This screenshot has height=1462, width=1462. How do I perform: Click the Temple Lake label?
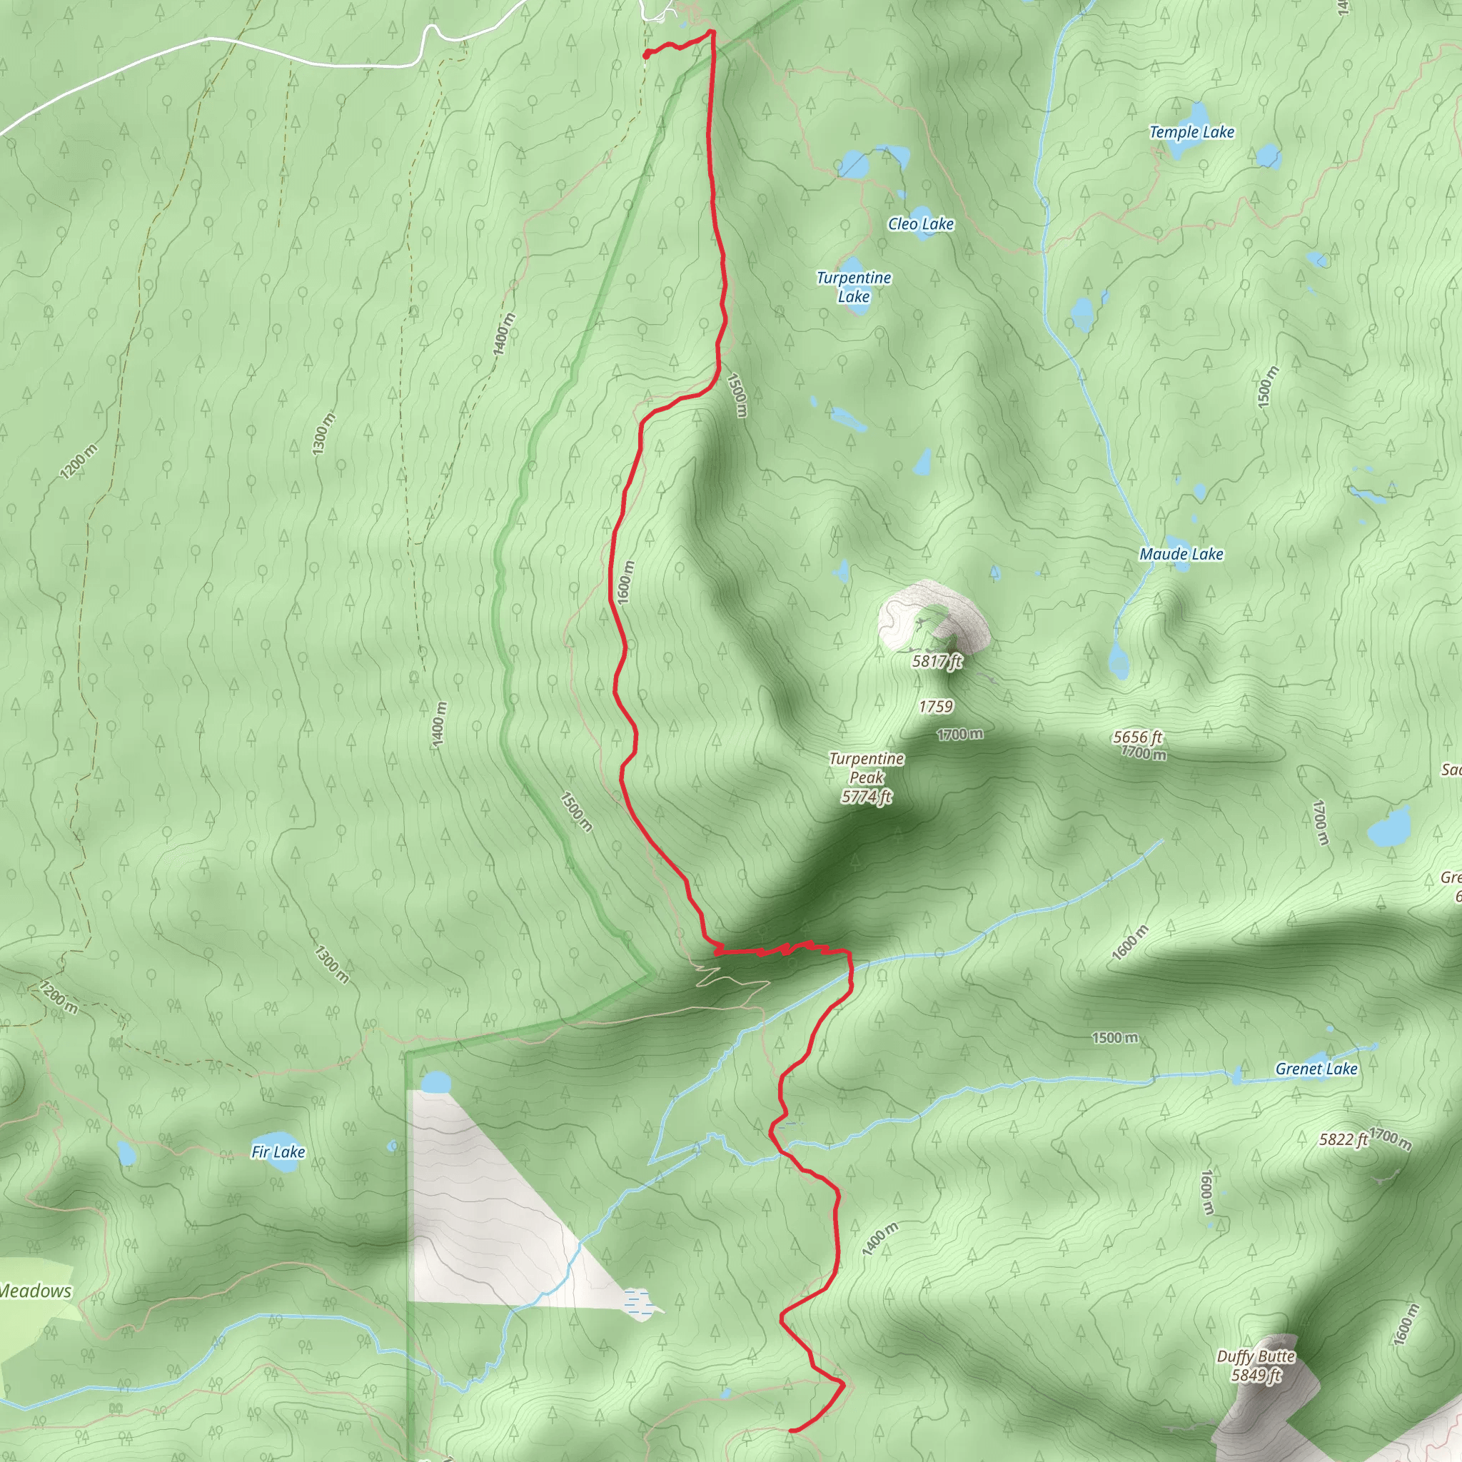tap(1191, 133)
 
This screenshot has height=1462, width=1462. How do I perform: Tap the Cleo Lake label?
tap(920, 224)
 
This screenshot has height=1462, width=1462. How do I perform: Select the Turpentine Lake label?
tap(854, 287)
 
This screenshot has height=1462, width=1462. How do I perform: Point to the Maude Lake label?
tap(1181, 554)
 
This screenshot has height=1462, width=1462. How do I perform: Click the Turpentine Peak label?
tap(867, 777)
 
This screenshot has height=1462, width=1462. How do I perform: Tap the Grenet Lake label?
tap(1316, 1069)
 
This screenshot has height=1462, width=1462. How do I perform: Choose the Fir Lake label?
tap(278, 1151)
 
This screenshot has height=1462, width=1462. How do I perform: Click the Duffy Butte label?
tap(1256, 1366)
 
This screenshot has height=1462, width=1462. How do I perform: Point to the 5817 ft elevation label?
tap(937, 661)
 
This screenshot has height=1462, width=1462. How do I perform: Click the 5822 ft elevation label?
tap(1343, 1139)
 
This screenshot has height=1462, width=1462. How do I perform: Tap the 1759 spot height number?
tap(935, 707)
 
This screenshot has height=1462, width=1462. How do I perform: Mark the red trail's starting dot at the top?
tap(646, 54)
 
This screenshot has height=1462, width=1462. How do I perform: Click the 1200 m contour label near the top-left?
tap(79, 462)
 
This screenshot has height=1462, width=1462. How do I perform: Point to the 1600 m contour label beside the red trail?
tap(625, 583)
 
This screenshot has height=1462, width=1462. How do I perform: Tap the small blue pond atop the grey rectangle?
tap(435, 1082)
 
